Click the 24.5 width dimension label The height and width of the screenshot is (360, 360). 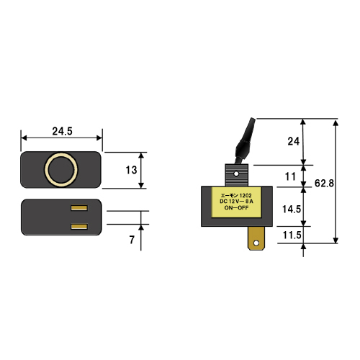click(x=62, y=131)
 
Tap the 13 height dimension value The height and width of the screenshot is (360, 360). click(x=131, y=170)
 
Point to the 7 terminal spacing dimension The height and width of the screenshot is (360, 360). click(x=132, y=240)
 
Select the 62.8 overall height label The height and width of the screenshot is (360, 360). click(x=324, y=184)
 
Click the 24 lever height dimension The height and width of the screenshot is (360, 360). click(x=294, y=141)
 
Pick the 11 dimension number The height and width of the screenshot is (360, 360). click(x=290, y=177)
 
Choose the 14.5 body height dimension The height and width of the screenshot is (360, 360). click(x=292, y=210)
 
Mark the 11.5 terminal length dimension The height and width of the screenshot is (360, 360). click(x=292, y=235)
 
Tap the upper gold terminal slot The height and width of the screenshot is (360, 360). click(x=79, y=208)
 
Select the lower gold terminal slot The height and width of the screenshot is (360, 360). click(x=79, y=227)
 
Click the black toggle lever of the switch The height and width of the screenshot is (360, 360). click(x=245, y=142)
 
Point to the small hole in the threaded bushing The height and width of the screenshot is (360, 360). click(x=236, y=174)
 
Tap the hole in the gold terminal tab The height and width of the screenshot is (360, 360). click(x=256, y=243)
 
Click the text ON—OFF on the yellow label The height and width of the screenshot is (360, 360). click(x=236, y=207)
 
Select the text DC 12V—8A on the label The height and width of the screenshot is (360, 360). click(x=236, y=202)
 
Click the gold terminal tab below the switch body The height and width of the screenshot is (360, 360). click(x=256, y=238)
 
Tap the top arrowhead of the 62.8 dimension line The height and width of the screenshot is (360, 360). click(x=336, y=123)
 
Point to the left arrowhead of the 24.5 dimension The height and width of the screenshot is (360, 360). click(x=24, y=138)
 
